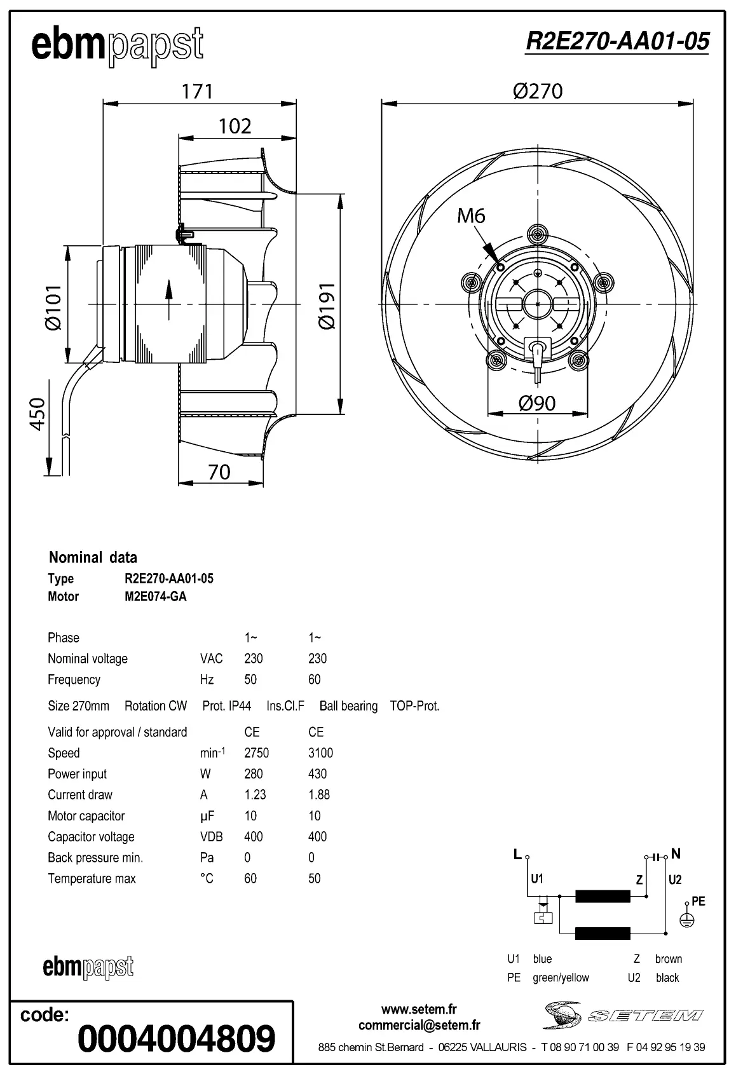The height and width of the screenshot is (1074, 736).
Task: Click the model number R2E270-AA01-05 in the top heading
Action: (617, 41)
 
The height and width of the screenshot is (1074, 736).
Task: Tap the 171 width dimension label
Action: (197, 92)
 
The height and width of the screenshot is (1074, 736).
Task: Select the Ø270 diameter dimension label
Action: (538, 92)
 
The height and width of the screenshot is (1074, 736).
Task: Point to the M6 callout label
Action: (471, 216)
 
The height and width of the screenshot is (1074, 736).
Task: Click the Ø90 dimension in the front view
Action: (537, 403)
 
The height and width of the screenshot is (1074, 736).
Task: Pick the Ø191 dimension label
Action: (326, 306)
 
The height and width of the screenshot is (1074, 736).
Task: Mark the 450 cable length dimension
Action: (38, 414)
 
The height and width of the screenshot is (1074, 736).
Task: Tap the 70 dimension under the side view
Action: (219, 472)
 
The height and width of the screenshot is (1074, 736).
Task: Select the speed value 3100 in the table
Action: (320, 753)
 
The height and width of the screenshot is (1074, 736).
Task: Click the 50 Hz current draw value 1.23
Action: (255, 795)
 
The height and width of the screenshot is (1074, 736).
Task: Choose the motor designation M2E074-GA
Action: (156, 597)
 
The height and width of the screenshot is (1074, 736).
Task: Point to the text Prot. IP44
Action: (227, 706)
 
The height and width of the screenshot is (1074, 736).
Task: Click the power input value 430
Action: (317, 774)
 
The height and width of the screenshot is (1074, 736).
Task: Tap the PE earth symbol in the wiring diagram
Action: (687, 920)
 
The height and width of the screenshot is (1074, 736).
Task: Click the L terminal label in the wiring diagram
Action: (517, 855)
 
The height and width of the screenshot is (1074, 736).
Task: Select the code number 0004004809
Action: (176, 1038)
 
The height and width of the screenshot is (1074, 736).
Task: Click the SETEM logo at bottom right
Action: (623, 1015)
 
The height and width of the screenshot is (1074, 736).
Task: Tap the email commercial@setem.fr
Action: (419, 1025)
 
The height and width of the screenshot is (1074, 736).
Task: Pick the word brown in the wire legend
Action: (668, 959)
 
